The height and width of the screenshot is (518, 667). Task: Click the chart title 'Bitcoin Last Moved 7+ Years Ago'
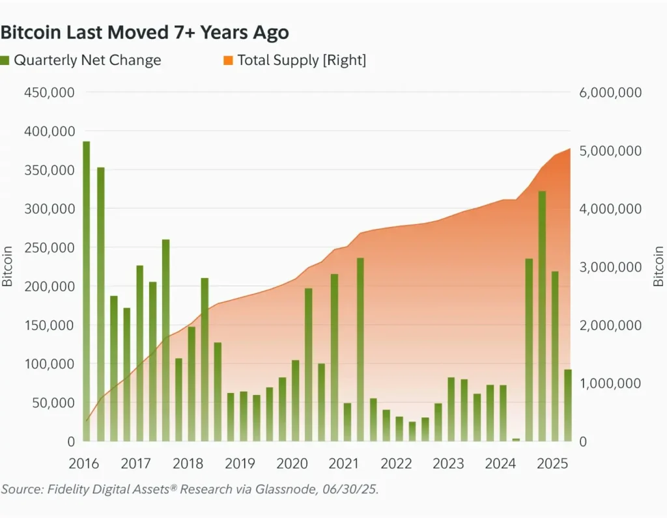pyautogui.click(x=145, y=33)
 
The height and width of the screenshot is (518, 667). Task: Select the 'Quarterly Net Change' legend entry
pyautogui.click(x=87, y=61)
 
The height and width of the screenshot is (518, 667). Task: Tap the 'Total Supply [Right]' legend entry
pyautogui.click(x=301, y=61)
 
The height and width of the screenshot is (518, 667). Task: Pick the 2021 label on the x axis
pyautogui.click(x=344, y=464)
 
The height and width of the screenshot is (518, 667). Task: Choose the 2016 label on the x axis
pyautogui.click(x=83, y=464)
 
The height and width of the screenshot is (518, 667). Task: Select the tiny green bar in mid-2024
pyautogui.click(x=516, y=440)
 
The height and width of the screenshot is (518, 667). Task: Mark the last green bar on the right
pyautogui.click(x=568, y=405)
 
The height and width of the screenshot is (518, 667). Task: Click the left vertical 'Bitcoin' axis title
pyautogui.click(x=8, y=266)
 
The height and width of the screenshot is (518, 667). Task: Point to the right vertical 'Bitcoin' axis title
pyautogui.click(x=659, y=266)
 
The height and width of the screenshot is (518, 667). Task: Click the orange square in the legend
pyautogui.click(x=228, y=61)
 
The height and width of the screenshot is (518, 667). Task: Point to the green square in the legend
pyautogui.click(x=5, y=61)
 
